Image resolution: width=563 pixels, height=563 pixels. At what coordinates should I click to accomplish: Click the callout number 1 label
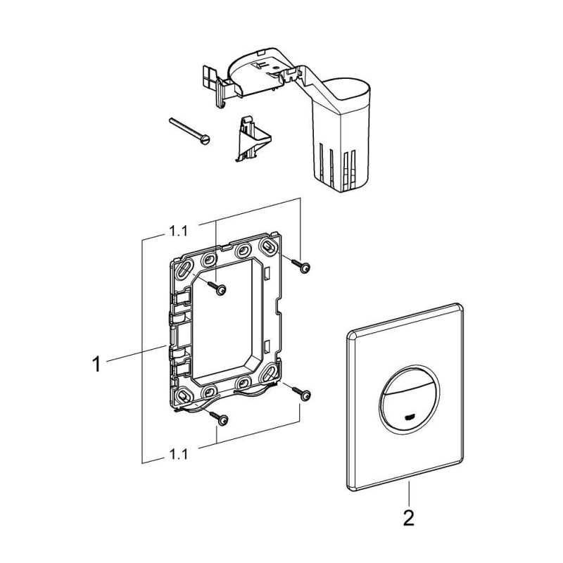99,364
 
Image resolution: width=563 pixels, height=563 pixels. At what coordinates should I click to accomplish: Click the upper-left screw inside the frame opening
218,288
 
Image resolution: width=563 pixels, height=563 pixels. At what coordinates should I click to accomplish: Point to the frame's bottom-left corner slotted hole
184,393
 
